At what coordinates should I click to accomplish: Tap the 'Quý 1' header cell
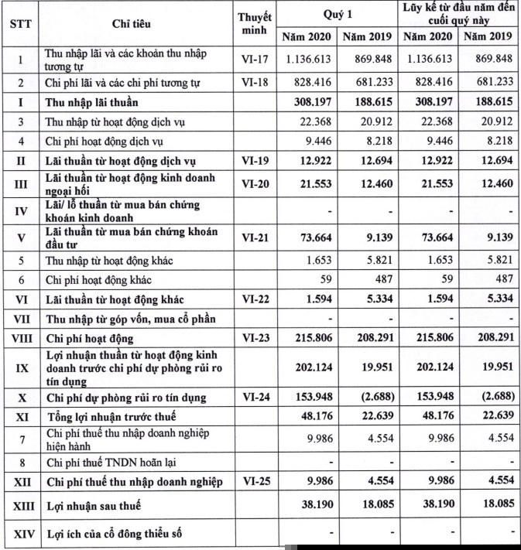pos(338,14)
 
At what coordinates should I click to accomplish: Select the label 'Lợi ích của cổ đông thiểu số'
pos(115,535)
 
